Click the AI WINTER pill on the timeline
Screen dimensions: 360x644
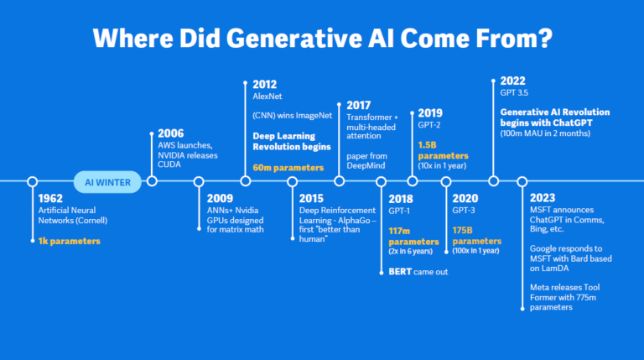106,181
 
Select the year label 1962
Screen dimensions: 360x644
51,199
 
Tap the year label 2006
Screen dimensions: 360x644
171,133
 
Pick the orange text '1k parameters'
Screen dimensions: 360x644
69,241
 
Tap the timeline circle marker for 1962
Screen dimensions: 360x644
32,181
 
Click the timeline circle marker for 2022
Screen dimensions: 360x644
494,181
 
